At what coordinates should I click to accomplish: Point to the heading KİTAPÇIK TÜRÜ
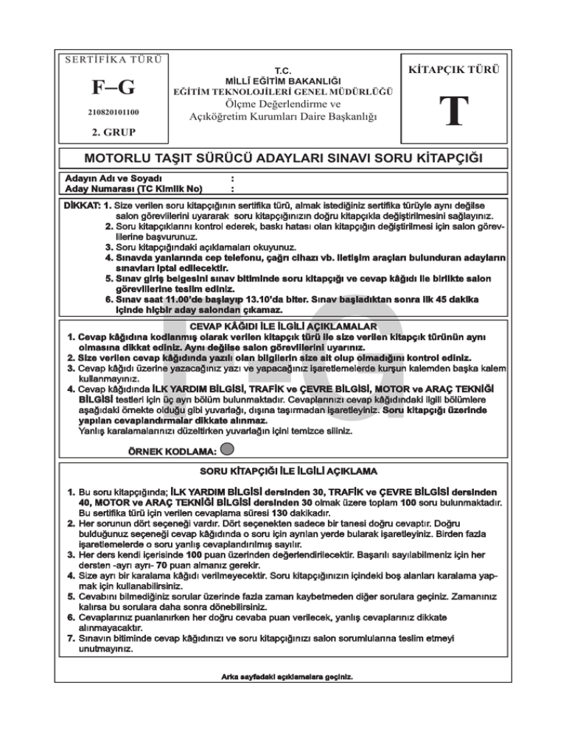pyautogui.click(x=453, y=71)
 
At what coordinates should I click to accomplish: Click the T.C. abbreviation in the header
pyautogui.click(x=284, y=66)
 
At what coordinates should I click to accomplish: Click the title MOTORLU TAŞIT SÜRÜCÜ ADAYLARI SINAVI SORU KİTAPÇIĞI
pyautogui.click(x=283, y=158)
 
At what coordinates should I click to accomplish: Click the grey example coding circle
pyautogui.click(x=228, y=449)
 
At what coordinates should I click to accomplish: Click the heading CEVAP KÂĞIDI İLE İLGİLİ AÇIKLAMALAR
pyautogui.click(x=284, y=325)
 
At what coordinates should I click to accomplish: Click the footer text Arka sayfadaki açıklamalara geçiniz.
pyautogui.click(x=287, y=675)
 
